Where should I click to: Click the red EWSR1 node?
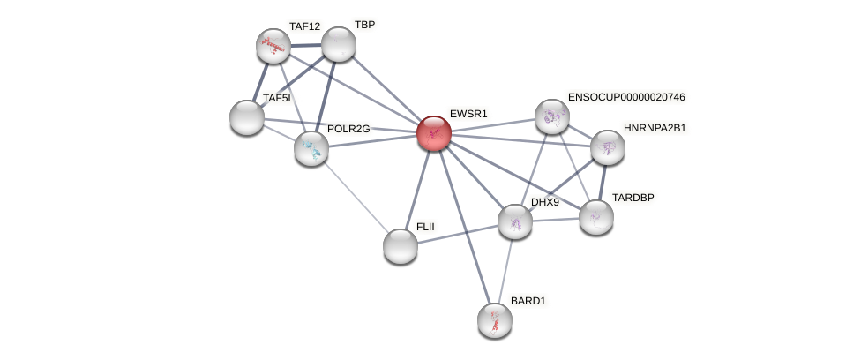pos(433,133)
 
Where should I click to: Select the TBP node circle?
pos(338,44)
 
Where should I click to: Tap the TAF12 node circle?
pos(273,46)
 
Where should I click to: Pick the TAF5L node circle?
pos(247,117)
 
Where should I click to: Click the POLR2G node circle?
pos(311,147)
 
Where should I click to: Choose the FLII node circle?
pos(401,246)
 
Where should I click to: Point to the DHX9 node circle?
pos(515,221)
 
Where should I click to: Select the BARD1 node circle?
pos(495,320)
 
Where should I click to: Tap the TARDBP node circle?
pos(596,217)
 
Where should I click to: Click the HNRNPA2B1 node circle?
pos(608,147)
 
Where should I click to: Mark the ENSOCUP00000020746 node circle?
pos(552,116)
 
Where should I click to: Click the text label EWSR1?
pos(468,114)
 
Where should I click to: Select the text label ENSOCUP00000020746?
pos(626,97)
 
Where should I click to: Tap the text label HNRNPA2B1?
pos(655,128)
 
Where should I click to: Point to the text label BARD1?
pos(528,301)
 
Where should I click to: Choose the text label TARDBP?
pos(633,198)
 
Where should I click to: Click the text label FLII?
pos(425,227)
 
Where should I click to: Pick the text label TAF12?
pos(304,26)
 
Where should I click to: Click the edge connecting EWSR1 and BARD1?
pos(464,227)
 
